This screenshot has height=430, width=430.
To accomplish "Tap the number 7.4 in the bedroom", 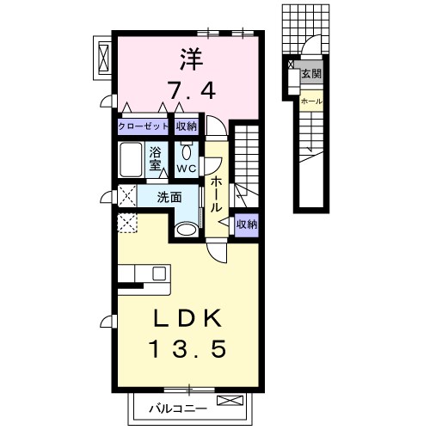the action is pyautogui.click(x=191, y=89).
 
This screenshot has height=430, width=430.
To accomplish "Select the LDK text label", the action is pyautogui.click(x=187, y=318).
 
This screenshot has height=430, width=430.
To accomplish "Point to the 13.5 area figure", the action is pyautogui.click(x=187, y=349).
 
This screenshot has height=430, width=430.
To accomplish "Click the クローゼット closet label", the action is pyautogui.click(x=143, y=126).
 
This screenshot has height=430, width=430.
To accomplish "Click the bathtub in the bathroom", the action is pyautogui.click(x=131, y=159).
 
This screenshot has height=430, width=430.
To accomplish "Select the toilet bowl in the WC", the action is pyautogui.click(x=186, y=152).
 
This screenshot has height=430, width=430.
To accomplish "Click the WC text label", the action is pyautogui.click(x=187, y=169).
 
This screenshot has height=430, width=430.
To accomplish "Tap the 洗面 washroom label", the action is pyautogui.click(x=169, y=198).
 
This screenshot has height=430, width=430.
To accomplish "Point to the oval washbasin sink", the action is pyautogui.click(x=186, y=230).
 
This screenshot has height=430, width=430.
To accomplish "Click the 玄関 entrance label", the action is pyautogui.click(x=311, y=74).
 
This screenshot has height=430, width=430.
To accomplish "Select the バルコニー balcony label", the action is pyautogui.click(x=178, y=408).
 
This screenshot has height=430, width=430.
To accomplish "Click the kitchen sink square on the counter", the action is pyautogui.click(x=159, y=273).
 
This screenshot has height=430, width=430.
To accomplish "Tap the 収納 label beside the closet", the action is pyautogui.click(x=187, y=126).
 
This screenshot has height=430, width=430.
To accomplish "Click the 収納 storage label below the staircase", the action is pyautogui.click(x=247, y=224).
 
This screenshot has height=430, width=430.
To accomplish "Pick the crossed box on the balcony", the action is pyautogui.click(x=230, y=400).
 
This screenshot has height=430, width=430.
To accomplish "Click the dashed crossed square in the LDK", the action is pyautogui.click(x=127, y=223).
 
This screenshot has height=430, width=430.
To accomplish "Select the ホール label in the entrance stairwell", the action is pyautogui.click(x=311, y=101).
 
